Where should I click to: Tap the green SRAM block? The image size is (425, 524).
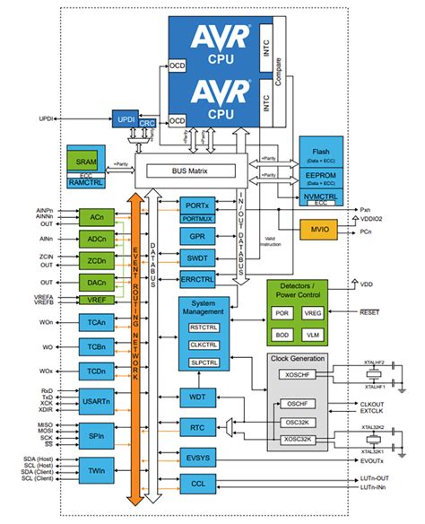pos(87,158)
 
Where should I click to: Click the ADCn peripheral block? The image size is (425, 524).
pos(97,240)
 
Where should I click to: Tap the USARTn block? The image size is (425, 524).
pos(97,397)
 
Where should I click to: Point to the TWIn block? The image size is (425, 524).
pos(97,467)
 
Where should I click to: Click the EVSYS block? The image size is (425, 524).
pos(197,458)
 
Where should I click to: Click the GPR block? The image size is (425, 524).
pos(197,236)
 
